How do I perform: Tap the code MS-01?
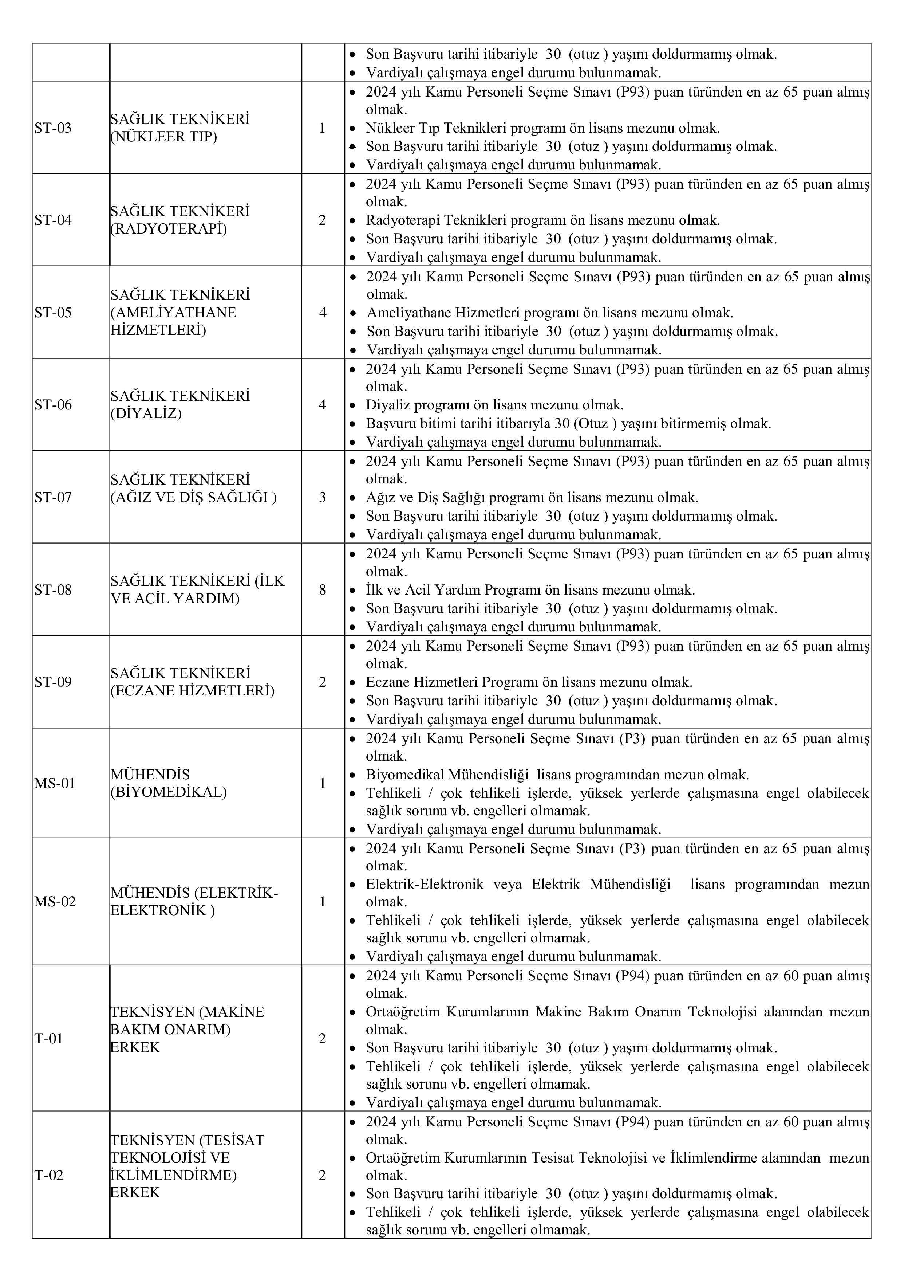[55, 784]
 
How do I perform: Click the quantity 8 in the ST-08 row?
[322, 590]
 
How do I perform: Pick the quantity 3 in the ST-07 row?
[322, 497]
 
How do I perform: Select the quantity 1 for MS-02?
[322, 902]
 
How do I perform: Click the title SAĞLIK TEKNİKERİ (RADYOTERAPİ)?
[180, 220]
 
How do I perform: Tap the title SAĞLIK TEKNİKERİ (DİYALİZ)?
[180, 405]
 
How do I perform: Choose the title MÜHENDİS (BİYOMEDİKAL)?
[169, 784]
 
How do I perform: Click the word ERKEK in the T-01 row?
[135, 1047]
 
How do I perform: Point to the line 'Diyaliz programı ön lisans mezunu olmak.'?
[494, 405]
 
